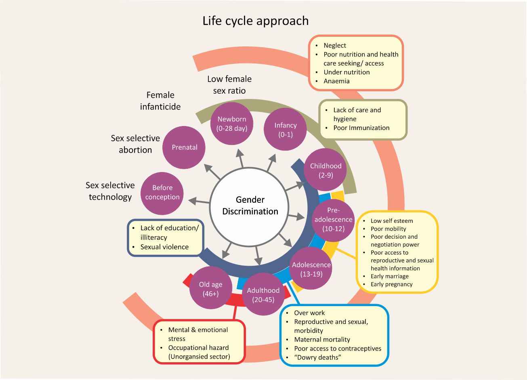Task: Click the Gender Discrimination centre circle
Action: pos(250,205)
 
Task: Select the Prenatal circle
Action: pos(185,147)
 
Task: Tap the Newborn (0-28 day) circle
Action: pos(232,124)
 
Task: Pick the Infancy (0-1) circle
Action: pos(285,130)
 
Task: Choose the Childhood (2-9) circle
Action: pos(325,170)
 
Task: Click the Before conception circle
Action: pos(162,193)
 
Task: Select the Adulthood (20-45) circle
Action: pos(263,295)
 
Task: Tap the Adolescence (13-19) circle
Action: pos(311,269)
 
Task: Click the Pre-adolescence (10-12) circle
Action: pos(333,220)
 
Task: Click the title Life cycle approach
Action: pos(255,21)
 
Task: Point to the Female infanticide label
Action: pos(160,101)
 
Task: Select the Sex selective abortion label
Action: pos(135,144)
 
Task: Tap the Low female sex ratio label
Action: pos(229,85)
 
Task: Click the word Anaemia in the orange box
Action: pos(336,81)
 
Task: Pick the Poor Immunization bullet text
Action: pos(361,128)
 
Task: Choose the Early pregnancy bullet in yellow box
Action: pos(391,284)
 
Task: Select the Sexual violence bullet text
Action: pos(164,247)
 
